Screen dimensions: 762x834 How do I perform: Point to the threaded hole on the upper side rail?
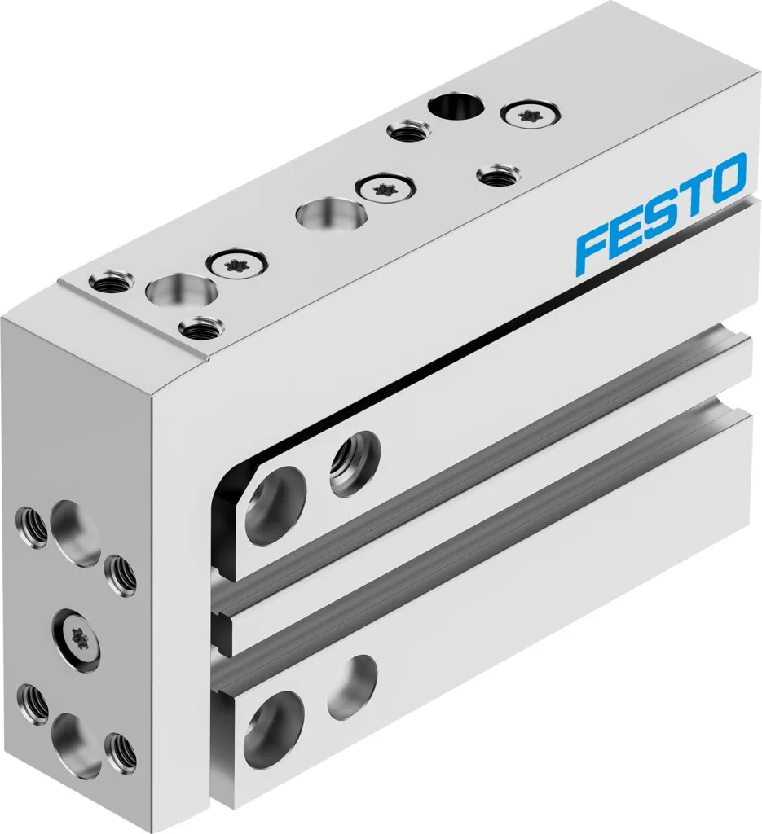pyautogui.click(x=355, y=463)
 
